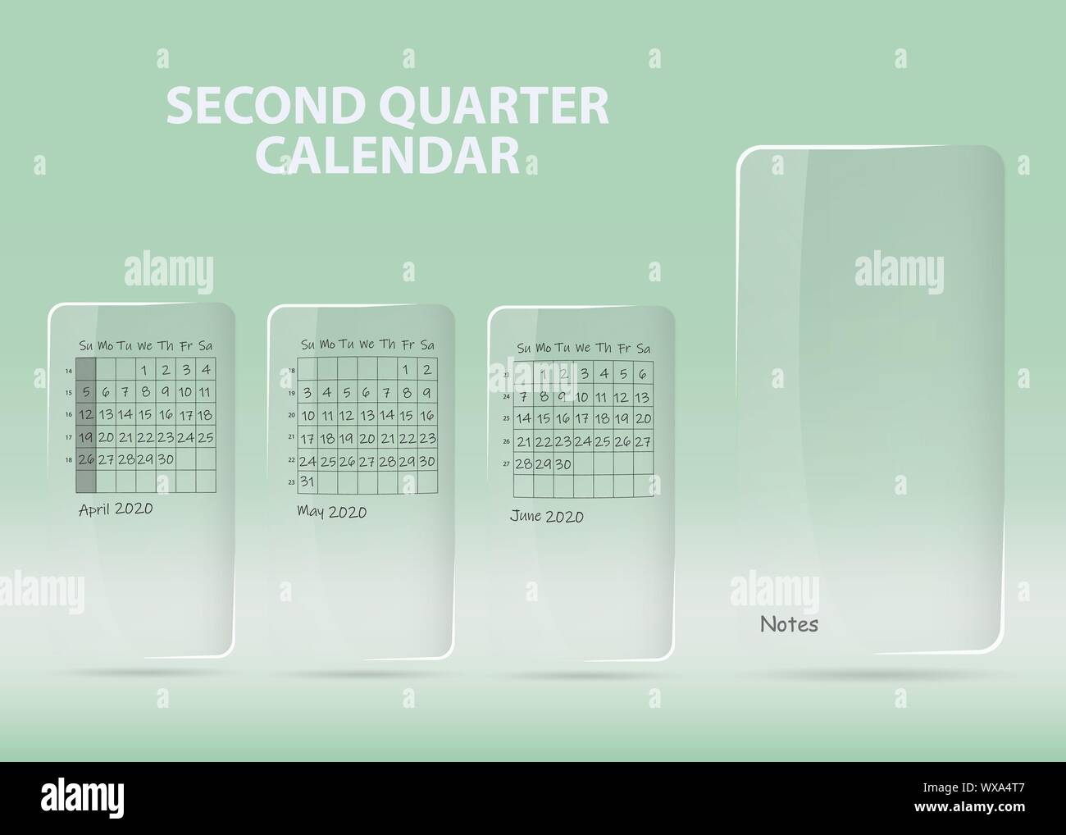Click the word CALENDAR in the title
click(394, 154)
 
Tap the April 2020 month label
click(116, 509)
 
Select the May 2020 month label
click(331, 512)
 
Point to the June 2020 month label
click(546, 516)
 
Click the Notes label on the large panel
click(789, 624)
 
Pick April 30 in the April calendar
click(166, 459)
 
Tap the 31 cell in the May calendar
click(307, 481)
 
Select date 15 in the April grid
click(145, 415)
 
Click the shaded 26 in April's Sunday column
click(86, 459)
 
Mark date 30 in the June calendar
click(563, 464)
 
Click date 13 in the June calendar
click(642, 398)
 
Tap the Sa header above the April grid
click(205, 345)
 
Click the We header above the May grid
click(366, 344)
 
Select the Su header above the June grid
click(524, 349)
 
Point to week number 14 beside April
click(69, 371)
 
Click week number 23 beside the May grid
click(292, 483)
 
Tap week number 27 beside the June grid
click(507, 463)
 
